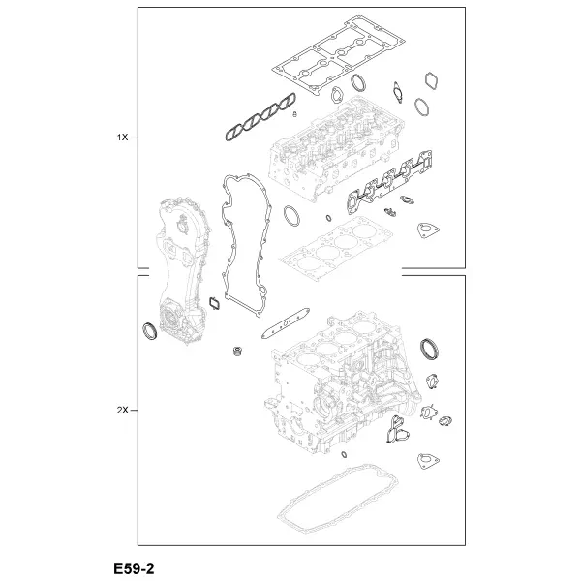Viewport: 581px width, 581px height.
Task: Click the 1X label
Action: [x=122, y=138]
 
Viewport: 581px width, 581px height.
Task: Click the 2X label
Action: [x=122, y=411]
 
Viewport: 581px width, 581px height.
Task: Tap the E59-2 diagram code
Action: [x=134, y=568]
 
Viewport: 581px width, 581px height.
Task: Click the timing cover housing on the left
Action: [x=182, y=270]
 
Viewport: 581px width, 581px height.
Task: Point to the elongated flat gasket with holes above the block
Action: [x=286, y=323]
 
